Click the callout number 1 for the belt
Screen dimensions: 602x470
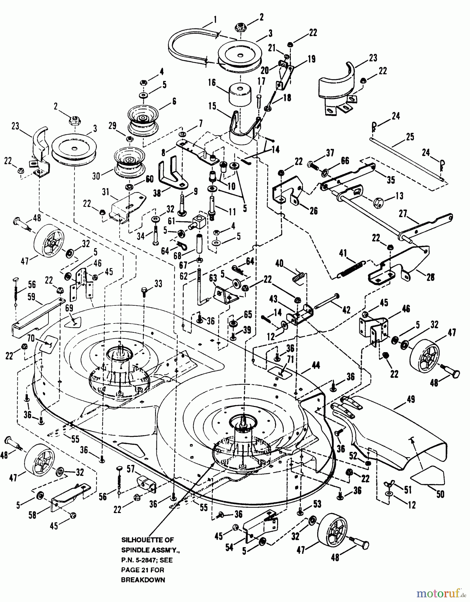click(215, 20)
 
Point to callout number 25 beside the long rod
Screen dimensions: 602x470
click(410, 137)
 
